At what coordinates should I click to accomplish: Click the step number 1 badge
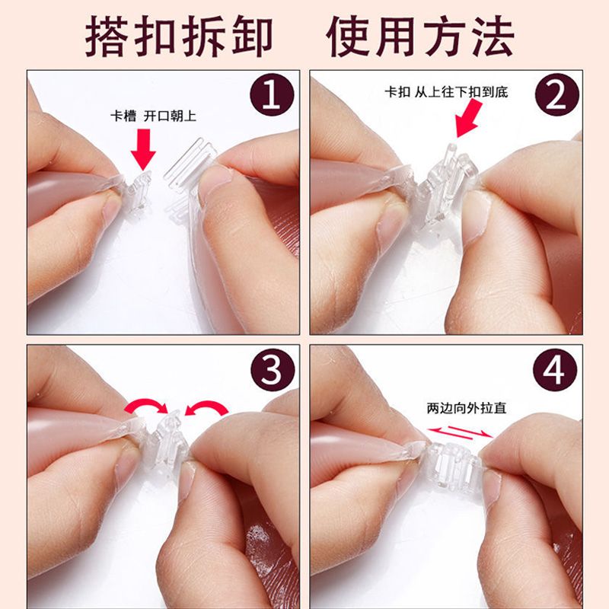point(272,94)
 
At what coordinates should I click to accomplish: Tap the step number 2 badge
point(556,94)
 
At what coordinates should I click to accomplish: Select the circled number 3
point(272,370)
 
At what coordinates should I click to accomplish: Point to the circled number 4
point(555,370)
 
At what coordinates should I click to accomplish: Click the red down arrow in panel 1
point(143,149)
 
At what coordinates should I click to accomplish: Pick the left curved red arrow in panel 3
point(145,407)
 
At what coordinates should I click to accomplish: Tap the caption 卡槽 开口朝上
point(154,116)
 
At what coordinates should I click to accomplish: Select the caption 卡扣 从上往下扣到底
point(446,92)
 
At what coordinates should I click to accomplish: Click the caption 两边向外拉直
point(467,408)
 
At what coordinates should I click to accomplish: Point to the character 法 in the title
point(493,37)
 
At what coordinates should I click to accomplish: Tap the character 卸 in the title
point(253,37)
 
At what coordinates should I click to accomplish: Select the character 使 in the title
point(348,37)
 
